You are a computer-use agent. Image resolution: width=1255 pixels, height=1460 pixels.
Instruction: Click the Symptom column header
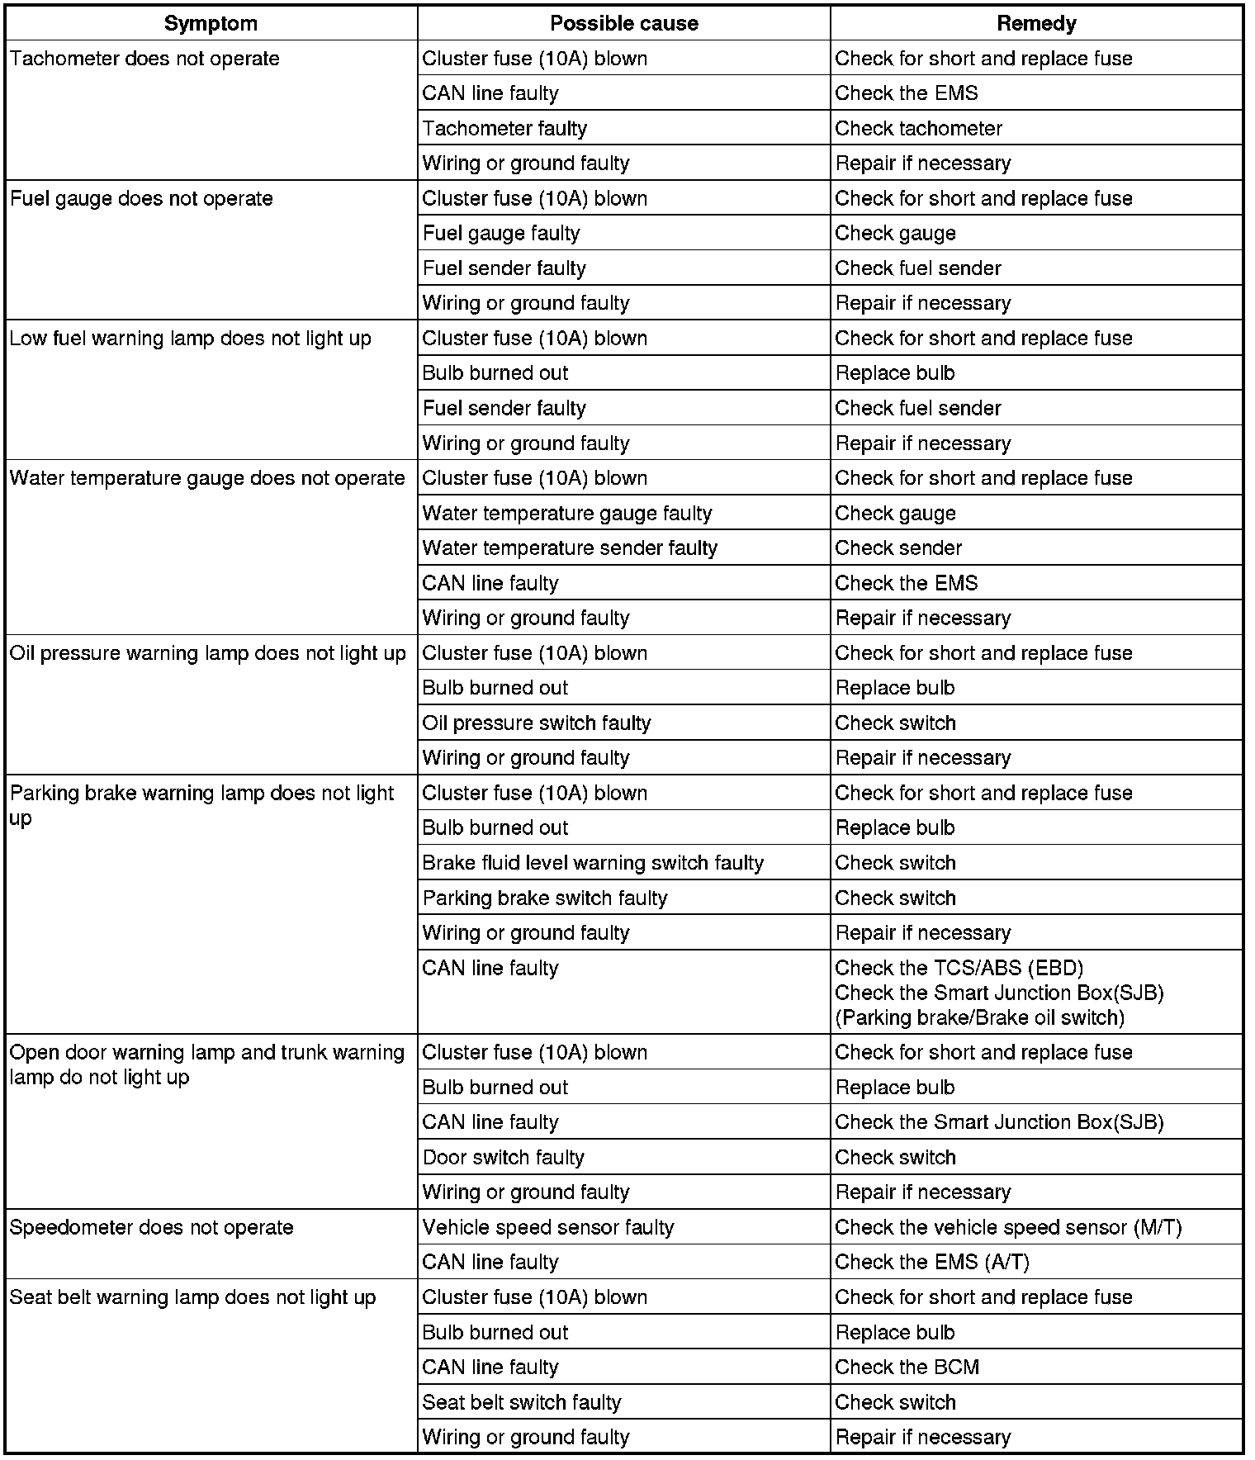211,23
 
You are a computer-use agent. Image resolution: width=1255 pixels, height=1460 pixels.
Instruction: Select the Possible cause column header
623,23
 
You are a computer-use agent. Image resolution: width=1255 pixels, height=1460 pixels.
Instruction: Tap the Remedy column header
1036,23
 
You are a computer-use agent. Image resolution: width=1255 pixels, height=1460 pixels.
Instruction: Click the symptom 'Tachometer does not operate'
144,59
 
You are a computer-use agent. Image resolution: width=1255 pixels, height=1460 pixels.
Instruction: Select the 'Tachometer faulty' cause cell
504,129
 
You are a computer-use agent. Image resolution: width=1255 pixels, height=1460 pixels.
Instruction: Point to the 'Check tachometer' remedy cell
918,129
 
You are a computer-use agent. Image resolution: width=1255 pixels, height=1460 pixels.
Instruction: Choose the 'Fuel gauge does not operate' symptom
141,199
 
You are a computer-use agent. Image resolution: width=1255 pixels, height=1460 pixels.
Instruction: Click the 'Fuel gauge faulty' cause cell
501,234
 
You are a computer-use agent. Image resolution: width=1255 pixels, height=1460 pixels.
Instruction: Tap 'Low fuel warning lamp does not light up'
191,339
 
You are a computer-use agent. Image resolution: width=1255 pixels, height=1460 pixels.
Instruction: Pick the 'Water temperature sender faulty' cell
570,548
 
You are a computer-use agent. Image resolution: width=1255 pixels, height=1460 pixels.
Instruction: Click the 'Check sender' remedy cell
898,548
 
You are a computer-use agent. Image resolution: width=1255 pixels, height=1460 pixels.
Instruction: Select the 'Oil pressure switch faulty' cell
537,723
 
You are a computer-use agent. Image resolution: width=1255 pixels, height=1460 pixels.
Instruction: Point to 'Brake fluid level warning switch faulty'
593,863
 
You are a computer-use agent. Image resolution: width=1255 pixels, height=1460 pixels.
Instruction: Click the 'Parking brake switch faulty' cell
545,898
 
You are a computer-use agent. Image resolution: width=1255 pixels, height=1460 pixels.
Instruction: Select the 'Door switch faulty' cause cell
503,1158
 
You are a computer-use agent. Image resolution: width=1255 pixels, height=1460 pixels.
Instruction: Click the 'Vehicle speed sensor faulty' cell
548,1228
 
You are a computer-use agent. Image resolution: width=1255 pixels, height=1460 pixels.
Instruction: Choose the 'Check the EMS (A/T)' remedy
932,1263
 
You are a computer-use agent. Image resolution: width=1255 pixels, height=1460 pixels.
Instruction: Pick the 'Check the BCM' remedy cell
907,1368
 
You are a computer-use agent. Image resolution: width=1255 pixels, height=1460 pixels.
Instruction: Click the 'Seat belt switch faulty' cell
521,1403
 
